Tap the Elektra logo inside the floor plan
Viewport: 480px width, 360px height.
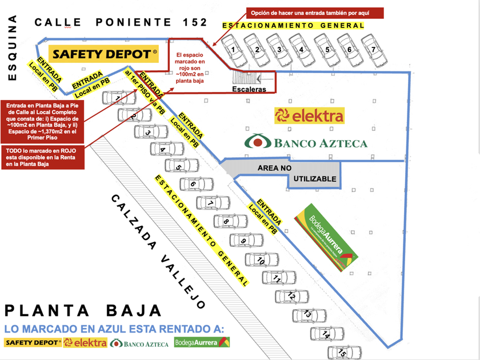click(x=309, y=116)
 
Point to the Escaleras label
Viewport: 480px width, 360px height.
click(x=249, y=90)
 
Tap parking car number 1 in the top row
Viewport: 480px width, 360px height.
click(x=234, y=50)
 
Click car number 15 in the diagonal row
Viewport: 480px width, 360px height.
click(x=343, y=354)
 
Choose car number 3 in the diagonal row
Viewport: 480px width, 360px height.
click(x=148, y=132)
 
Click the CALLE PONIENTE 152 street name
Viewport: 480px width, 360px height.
click(x=121, y=22)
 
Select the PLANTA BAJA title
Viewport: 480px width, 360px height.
click(x=83, y=311)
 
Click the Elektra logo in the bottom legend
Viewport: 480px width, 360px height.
click(x=85, y=343)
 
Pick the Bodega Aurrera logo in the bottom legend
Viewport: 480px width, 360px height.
click(x=202, y=343)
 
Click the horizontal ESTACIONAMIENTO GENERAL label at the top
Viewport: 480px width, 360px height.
click(x=293, y=26)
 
